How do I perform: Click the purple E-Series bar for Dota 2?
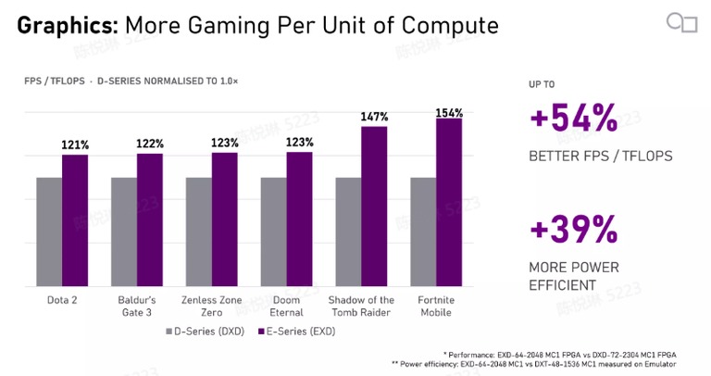(x=75, y=220)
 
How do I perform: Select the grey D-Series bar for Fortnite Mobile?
(x=423, y=232)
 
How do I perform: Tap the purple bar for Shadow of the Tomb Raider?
(x=374, y=207)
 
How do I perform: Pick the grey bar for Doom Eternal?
(x=273, y=232)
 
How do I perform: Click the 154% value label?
(x=449, y=113)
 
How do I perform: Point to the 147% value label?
(x=374, y=117)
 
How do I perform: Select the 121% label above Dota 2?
(x=75, y=145)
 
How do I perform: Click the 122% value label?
(x=150, y=144)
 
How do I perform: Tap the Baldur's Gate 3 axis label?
(x=136, y=307)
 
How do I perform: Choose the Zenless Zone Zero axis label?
(x=211, y=307)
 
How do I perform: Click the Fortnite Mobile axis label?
(x=436, y=307)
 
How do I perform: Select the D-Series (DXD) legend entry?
(x=205, y=332)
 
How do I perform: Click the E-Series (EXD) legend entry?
(x=297, y=332)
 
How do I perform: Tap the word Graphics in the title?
(x=68, y=26)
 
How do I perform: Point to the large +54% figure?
(x=574, y=118)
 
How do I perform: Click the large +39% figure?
(x=574, y=229)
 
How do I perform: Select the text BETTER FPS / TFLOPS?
(x=601, y=156)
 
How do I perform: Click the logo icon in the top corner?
(x=682, y=22)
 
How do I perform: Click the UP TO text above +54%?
(x=542, y=84)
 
